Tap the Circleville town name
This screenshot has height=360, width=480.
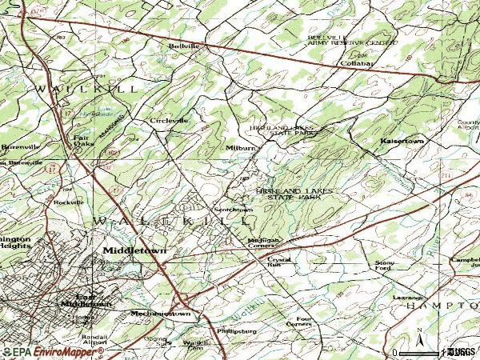(170, 121)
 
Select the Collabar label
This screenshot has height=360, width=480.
(357, 63)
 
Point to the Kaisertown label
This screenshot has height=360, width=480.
(402, 141)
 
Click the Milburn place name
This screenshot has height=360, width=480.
(240, 148)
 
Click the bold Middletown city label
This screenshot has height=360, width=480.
(134, 250)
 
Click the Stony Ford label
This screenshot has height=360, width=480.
(385, 266)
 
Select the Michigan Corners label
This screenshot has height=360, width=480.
(262, 242)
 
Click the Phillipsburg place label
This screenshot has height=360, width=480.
(237, 330)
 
